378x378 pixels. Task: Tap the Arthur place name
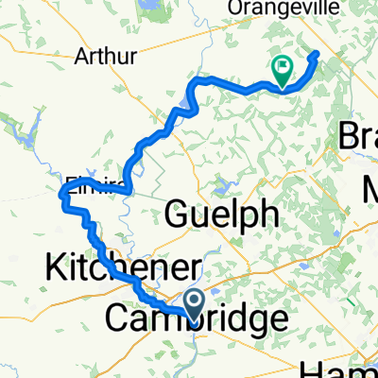tap(110, 56)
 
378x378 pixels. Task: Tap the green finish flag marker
tap(282, 69)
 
